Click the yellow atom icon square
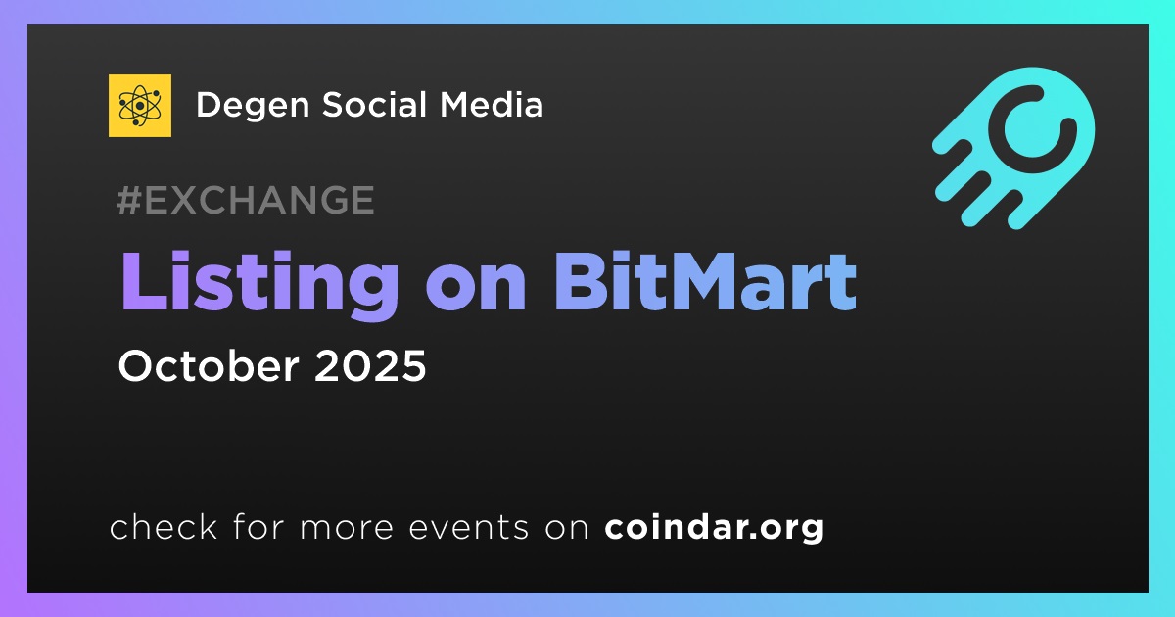click(140, 106)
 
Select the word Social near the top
click(374, 105)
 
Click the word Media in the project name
click(492, 105)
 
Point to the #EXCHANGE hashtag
click(246, 200)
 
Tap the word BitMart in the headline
click(706, 282)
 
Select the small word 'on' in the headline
click(476, 289)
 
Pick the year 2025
click(370, 365)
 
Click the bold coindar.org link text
click(714, 528)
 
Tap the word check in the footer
click(164, 526)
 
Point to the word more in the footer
click(347, 528)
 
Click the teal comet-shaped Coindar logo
click(1013, 148)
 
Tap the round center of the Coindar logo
click(1032, 128)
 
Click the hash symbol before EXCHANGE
click(129, 200)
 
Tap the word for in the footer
click(258, 526)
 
